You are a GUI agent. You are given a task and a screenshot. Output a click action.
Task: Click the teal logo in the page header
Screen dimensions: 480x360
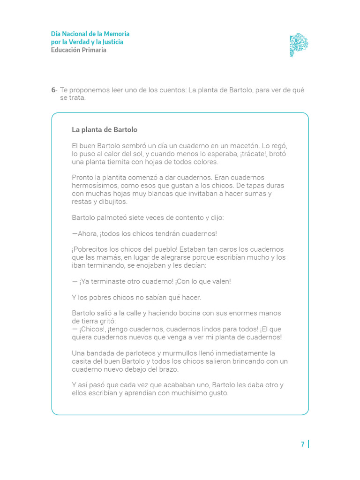click(299, 45)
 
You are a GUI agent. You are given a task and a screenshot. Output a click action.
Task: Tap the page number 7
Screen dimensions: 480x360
click(303, 444)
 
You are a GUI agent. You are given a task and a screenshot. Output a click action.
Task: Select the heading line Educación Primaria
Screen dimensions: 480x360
click(79, 50)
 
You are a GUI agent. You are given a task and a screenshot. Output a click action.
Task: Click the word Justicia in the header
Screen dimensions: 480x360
click(112, 42)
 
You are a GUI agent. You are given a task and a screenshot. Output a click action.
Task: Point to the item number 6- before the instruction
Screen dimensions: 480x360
click(54, 90)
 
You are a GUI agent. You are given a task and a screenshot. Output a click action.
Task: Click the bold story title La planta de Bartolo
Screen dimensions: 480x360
click(105, 129)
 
